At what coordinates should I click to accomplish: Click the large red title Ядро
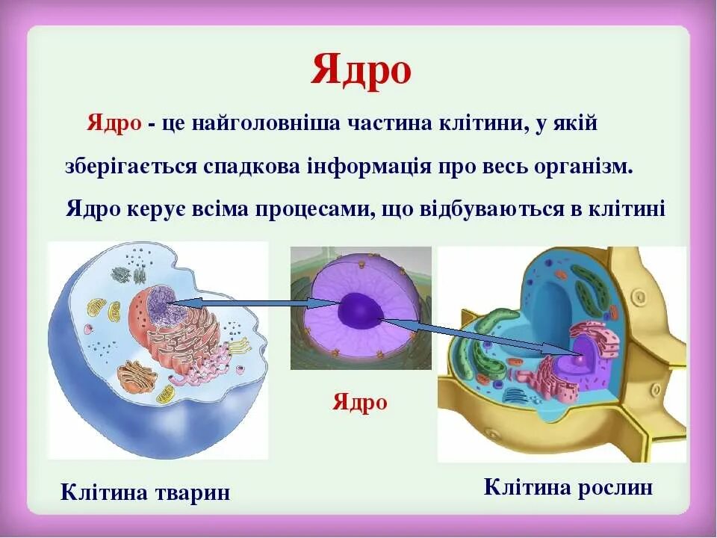[x=361, y=71]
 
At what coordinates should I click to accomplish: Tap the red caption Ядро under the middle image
[x=360, y=403]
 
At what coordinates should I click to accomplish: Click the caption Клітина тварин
[x=145, y=493]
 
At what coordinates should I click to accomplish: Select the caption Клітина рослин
[x=568, y=488]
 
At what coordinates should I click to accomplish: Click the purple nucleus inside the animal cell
[x=159, y=305]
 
